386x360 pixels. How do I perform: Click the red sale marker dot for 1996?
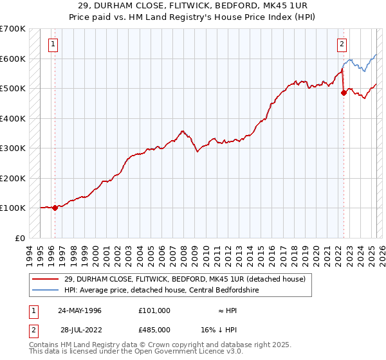point(55,208)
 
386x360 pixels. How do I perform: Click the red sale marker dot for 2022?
point(344,93)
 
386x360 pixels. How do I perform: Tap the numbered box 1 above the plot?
point(52,44)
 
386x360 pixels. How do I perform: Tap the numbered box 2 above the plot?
point(342,44)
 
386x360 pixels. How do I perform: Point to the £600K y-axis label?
point(13,59)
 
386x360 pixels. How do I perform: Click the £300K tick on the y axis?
point(13,148)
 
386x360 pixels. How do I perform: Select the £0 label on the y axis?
point(19,238)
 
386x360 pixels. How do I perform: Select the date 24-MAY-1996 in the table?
point(80,310)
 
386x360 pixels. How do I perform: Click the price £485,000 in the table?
point(154,329)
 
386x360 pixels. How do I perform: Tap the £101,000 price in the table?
point(154,310)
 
